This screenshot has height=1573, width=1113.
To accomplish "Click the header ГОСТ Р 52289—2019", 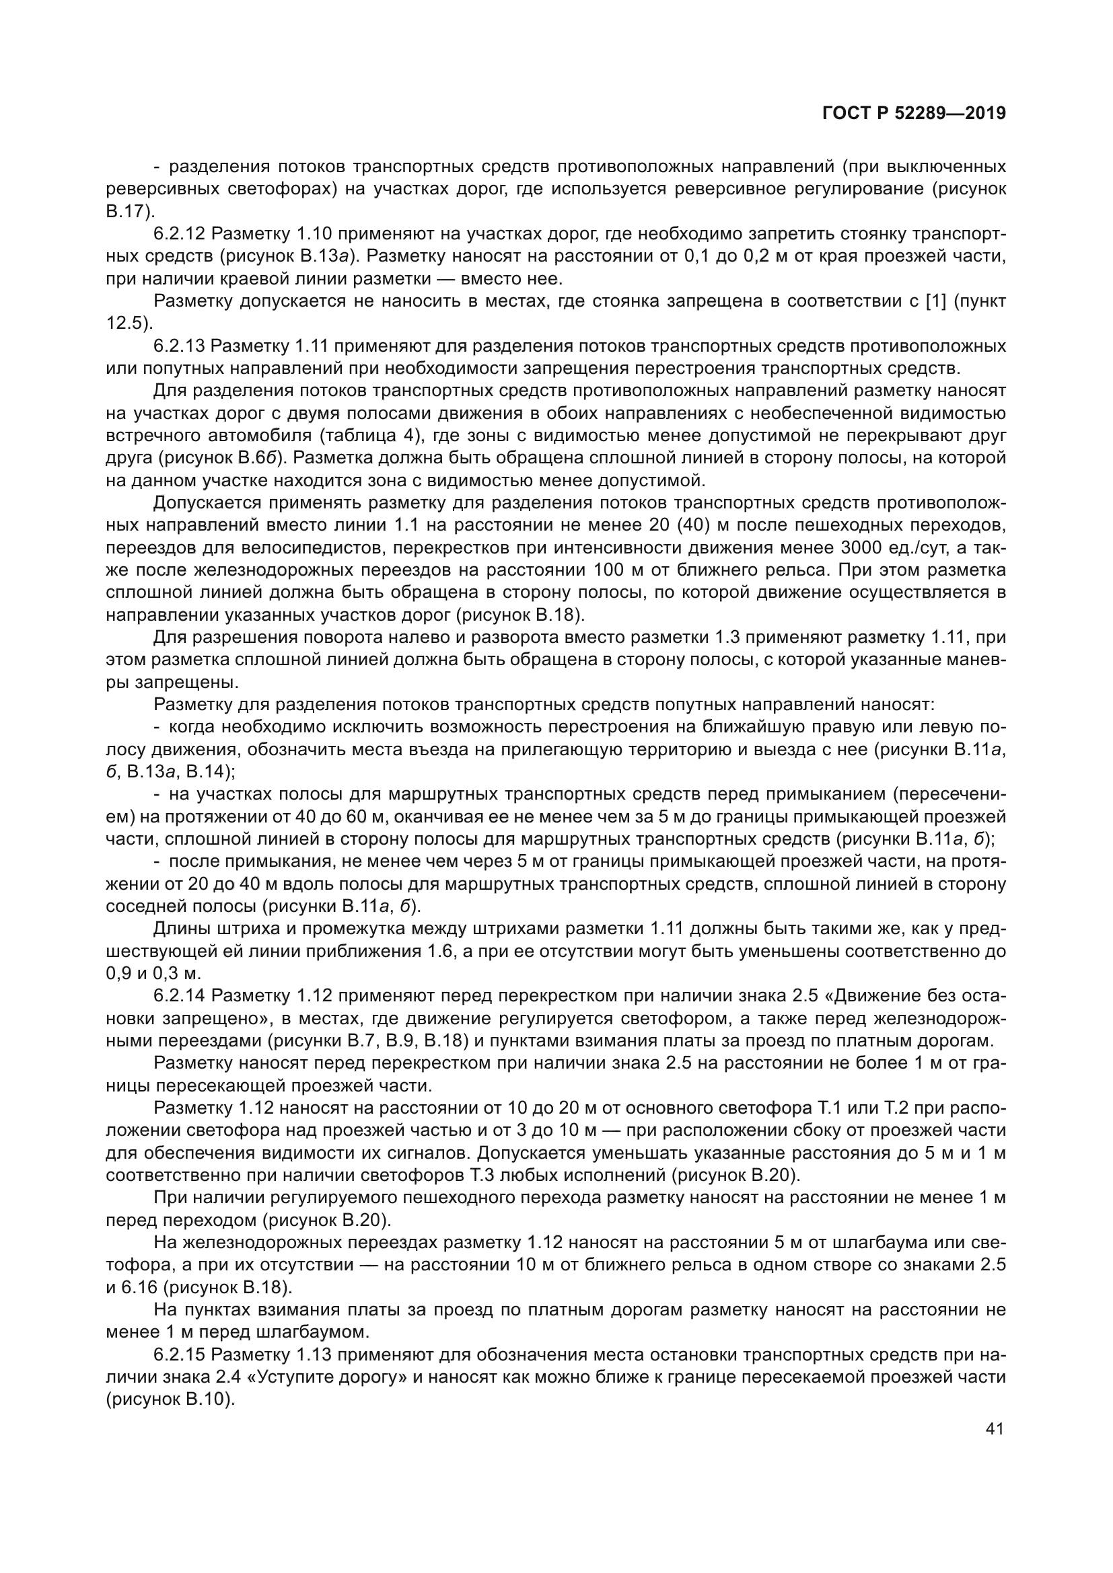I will coord(914,114).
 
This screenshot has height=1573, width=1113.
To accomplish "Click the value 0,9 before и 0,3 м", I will coord(118,973).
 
